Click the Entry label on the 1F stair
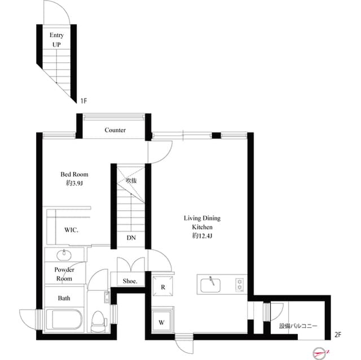tap(56, 35)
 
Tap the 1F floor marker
tap(83, 101)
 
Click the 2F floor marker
tap(338, 334)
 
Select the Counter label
tap(115, 130)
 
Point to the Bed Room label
tap(74, 174)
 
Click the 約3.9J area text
tap(74, 183)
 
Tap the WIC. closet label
tap(71, 230)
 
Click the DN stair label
tap(131, 238)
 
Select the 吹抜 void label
tap(131, 181)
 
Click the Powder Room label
tap(63, 274)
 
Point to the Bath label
tap(63, 297)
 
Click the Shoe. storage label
tap(130, 281)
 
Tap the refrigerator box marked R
tap(162, 287)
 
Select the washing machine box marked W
tap(162, 323)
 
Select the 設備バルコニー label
tap(298, 326)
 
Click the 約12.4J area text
tap(202, 236)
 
